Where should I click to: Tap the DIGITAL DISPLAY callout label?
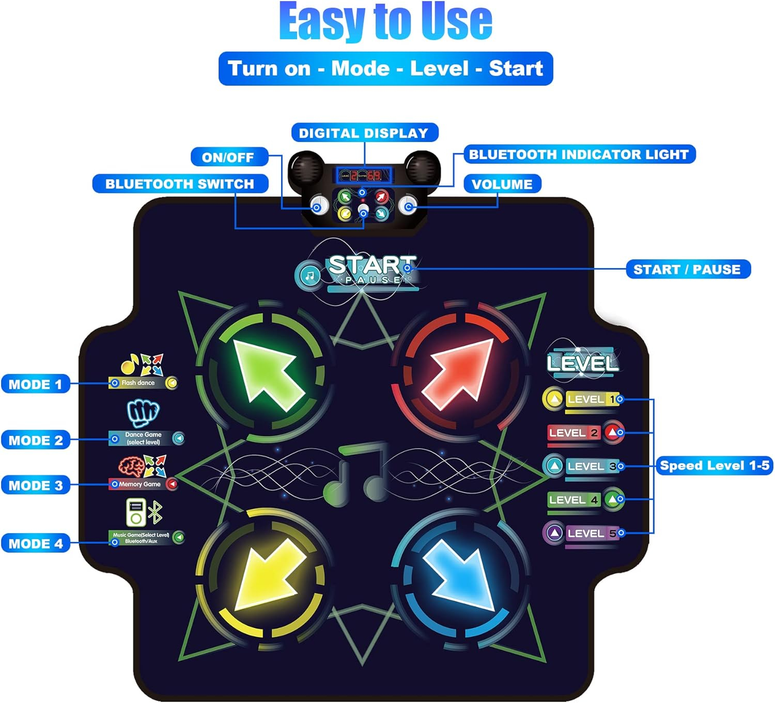point(364,133)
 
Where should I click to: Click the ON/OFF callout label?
point(228,157)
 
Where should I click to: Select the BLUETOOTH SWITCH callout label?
point(180,184)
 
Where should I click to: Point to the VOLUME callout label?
point(502,184)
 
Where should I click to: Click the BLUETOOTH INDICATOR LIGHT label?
point(579,154)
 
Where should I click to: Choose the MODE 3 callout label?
point(35,486)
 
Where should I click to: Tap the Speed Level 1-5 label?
point(714,465)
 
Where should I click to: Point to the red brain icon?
point(131,466)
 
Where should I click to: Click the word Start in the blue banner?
point(516,69)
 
